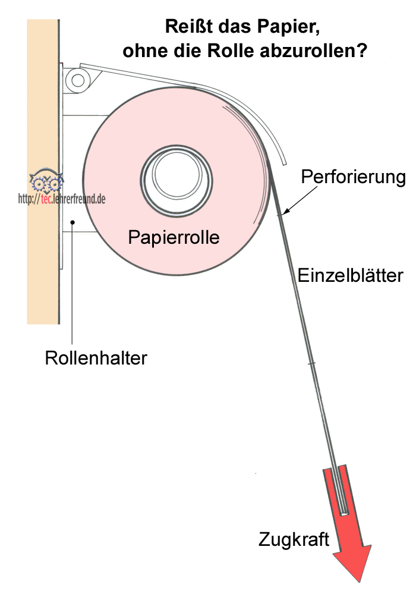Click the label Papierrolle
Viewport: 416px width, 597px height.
click(x=174, y=238)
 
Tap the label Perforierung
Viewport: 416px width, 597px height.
click(x=353, y=177)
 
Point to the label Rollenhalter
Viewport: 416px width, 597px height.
click(x=96, y=359)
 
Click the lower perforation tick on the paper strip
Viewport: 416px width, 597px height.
click(x=311, y=362)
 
